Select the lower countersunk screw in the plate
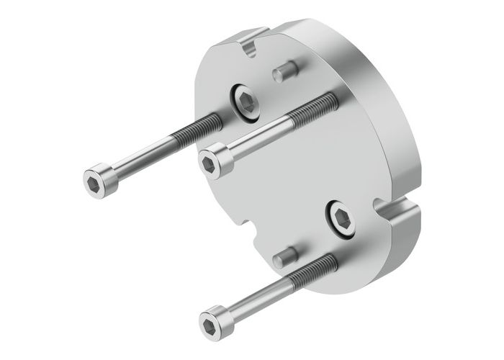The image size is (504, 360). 339,217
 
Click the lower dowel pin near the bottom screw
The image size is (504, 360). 286,254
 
